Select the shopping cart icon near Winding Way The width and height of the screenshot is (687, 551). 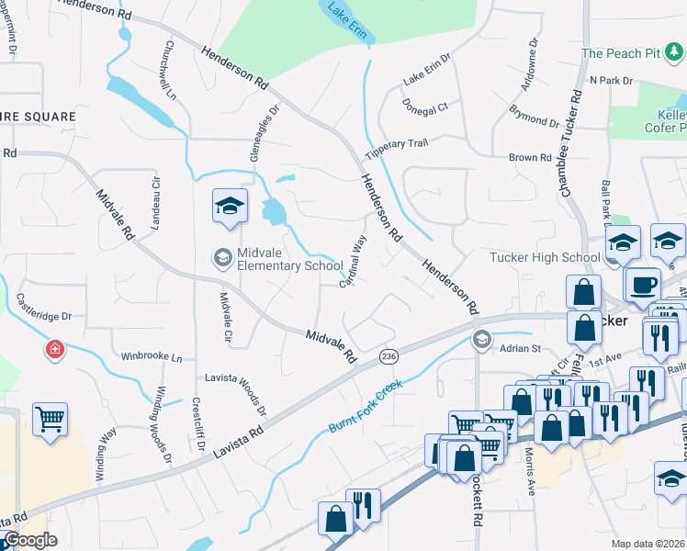coord(51,420)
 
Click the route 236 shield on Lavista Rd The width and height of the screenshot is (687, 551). coord(389,355)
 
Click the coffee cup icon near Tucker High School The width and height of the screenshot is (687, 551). coord(642,284)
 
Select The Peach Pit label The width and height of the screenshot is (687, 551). coord(622,53)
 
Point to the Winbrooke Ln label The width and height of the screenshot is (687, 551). coord(152,356)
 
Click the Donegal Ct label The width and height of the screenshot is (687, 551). coord(424,106)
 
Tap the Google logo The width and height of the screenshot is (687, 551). coord(30,540)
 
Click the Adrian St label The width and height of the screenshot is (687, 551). coord(521,349)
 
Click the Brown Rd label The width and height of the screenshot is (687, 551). coord(530,158)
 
